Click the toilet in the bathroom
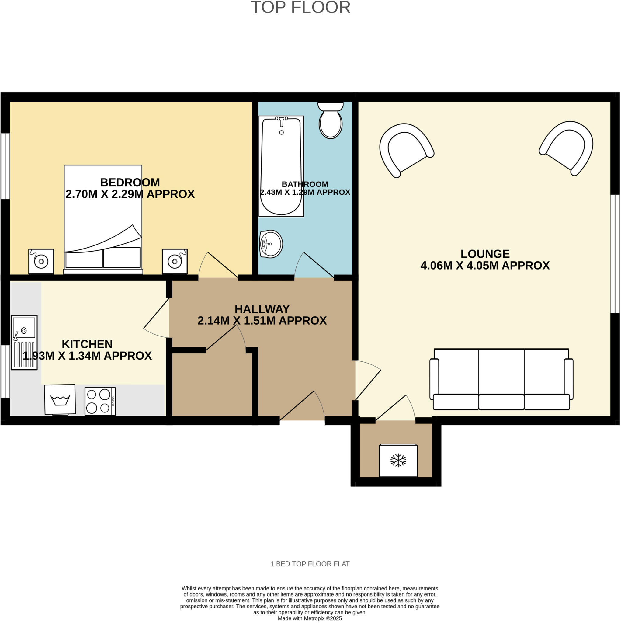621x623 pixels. pyautogui.click(x=331, y=122)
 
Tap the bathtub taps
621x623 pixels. pyautogui.click(x=282, y=120)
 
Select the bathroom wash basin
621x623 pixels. pyautogui.click(x=271, y=244)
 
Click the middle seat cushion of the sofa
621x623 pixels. pyautogui.click(x=501, y=402)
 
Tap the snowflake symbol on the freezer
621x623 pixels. pyautogui.click(x=398, y=461)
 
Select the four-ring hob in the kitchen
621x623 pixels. pyautogui.click(x=100, y=401)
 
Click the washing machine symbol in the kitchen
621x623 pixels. pyautogui.click(x=60, y=399)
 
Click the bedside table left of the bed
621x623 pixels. pyautogui.click(x=41, y=261)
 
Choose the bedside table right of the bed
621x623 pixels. pyautogui.click(x=175, y=261)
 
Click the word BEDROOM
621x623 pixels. pyautogui.click(x=130, y=183)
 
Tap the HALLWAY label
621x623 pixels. pyautogui.click(x=262, y=309)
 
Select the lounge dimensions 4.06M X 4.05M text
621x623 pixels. pyautogui.click(x=485, y=265)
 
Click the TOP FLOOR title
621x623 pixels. pyautogui.click(x=300, y=7)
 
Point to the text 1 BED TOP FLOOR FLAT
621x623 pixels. pyautogui.click(x=310, y=564)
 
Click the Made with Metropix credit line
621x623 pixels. pyautogui.click(x=310, y=618)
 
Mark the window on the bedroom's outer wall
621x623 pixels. pyautogui.click(x=5, y=166)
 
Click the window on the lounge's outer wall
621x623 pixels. pyautogui.click(x=615, y=254)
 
